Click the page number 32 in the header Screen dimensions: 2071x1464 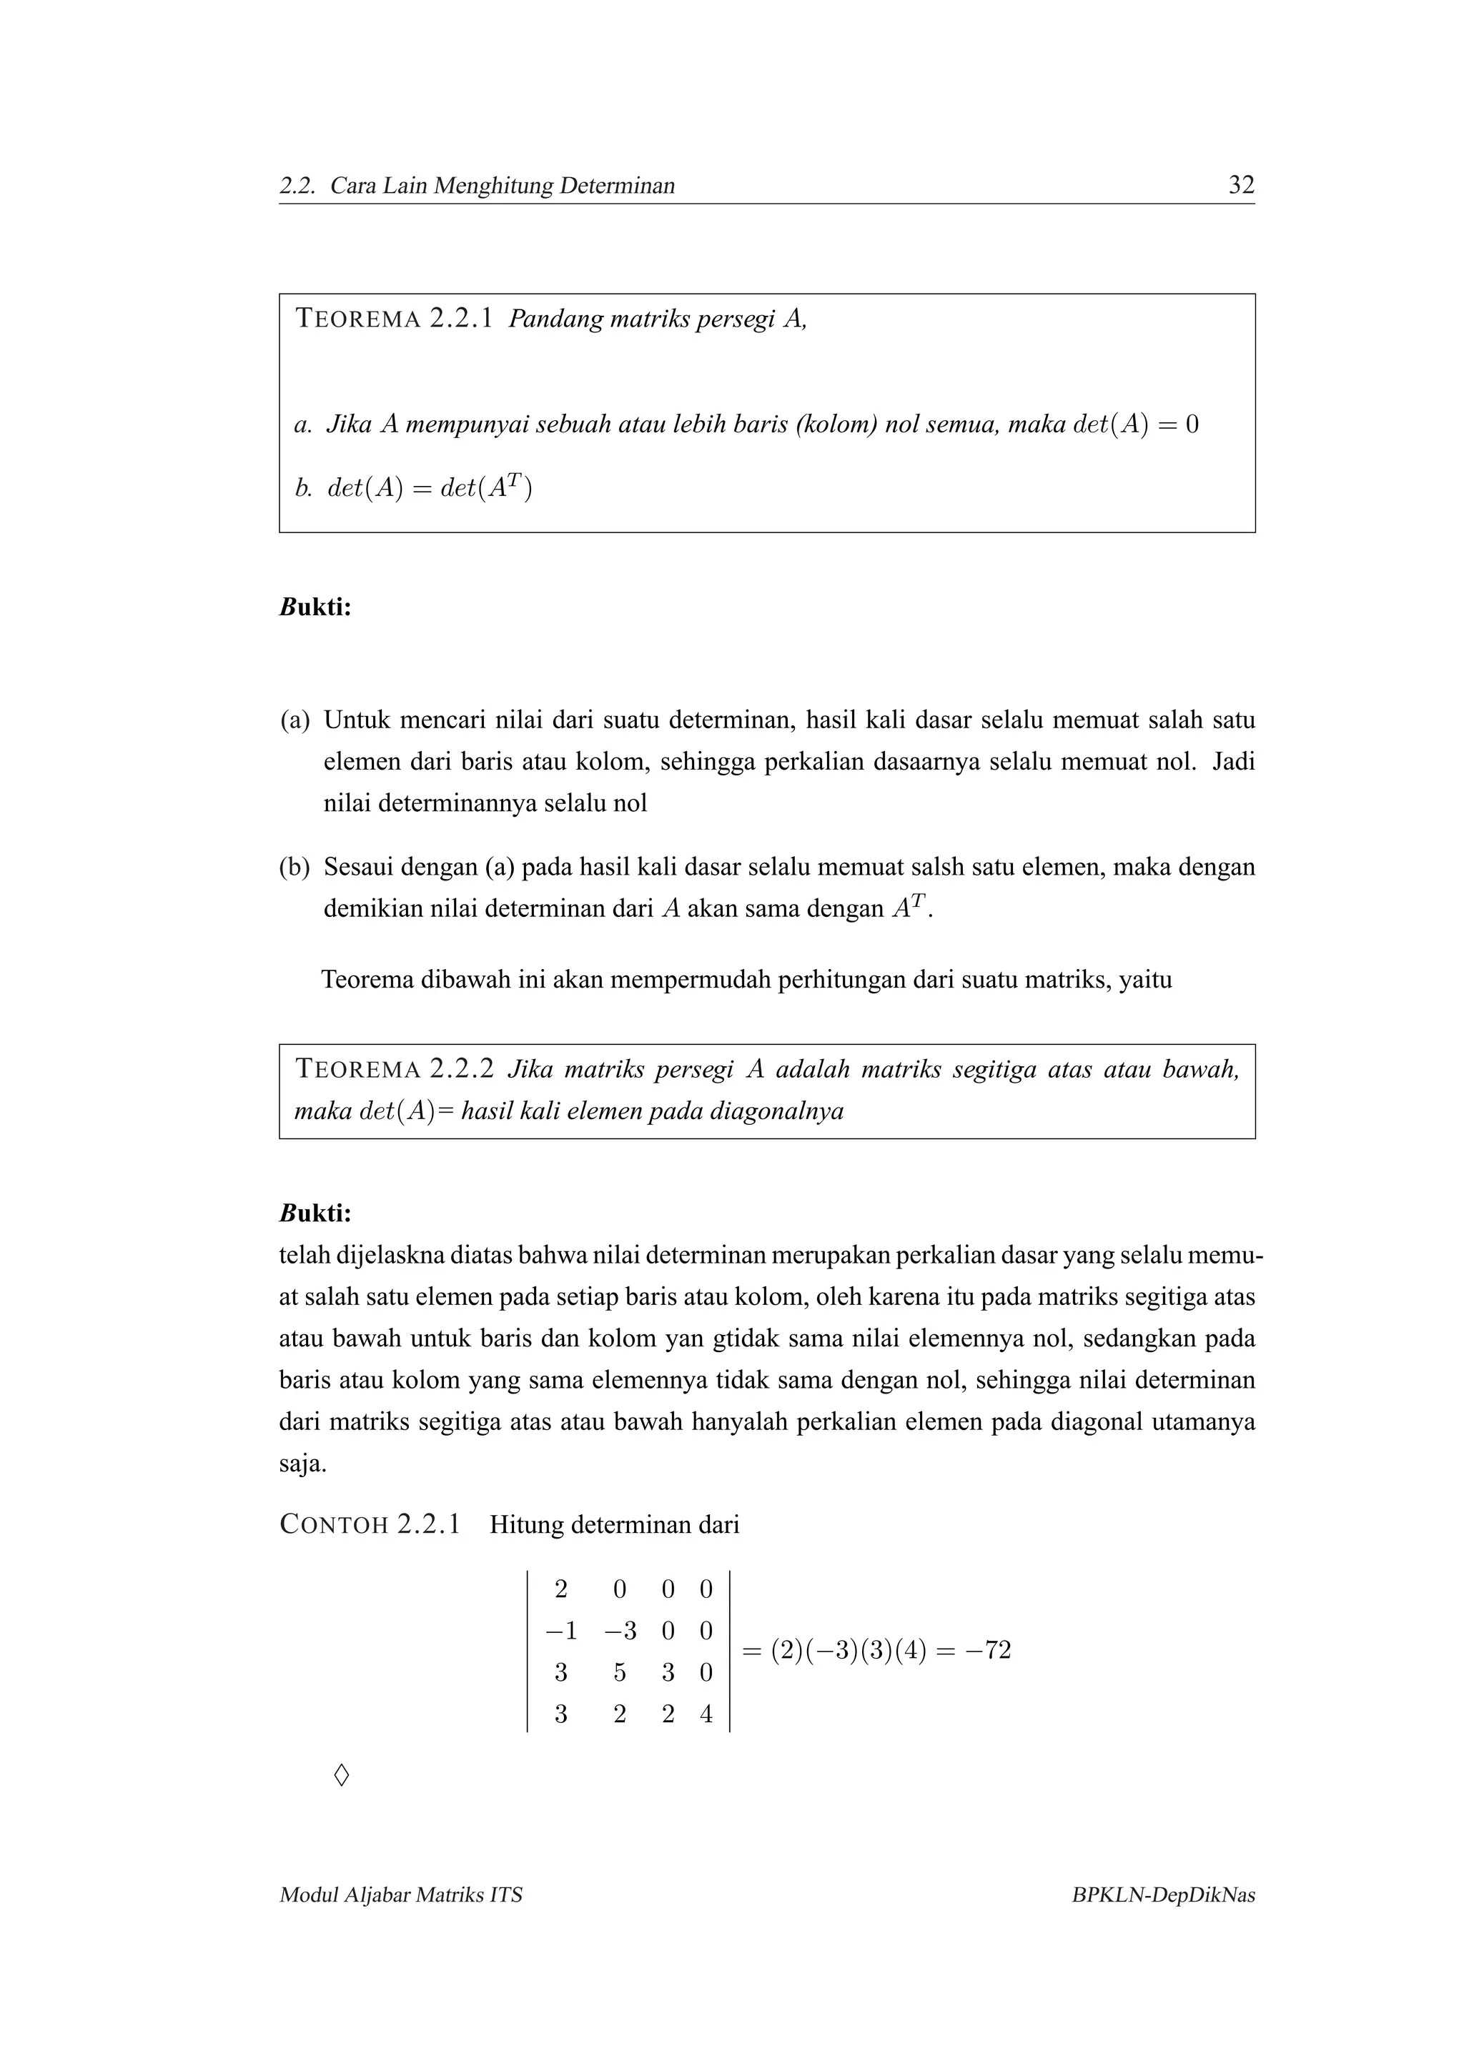pyautogui.click(x=1241, y=185)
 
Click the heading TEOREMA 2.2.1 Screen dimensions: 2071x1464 pyautogui.click(x=394, y=319)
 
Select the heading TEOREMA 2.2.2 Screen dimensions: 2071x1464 pyautogui.click(x=394, y=1069)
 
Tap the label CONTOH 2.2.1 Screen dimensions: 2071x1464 pyautogui.click(x=370, y=1524)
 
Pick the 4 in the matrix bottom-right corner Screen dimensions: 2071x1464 pyautogui.click(x=706, y=1714)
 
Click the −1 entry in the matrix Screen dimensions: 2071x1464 pyautogui.click(x=560, y=1631)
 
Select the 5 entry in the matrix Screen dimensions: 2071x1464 pyautogui.click(x=620, y=1672)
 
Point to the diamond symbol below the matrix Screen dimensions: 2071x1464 pyautogui.click(x=341, y=1776)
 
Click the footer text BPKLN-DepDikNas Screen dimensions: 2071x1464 pyautogui.click(x=1163, y=1895)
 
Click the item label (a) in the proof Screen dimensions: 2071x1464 pyautogui.click(x=295, y=720)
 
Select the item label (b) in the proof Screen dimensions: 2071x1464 pyautogui.click(x=295, y=867)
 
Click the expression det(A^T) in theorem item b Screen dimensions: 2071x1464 pyautogui.click(x=486, y=488)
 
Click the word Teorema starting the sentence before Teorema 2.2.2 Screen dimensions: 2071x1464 pyautogui.click(x=367, y=980)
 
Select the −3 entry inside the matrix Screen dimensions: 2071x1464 pyautogui.click(x=620, y=1631)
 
